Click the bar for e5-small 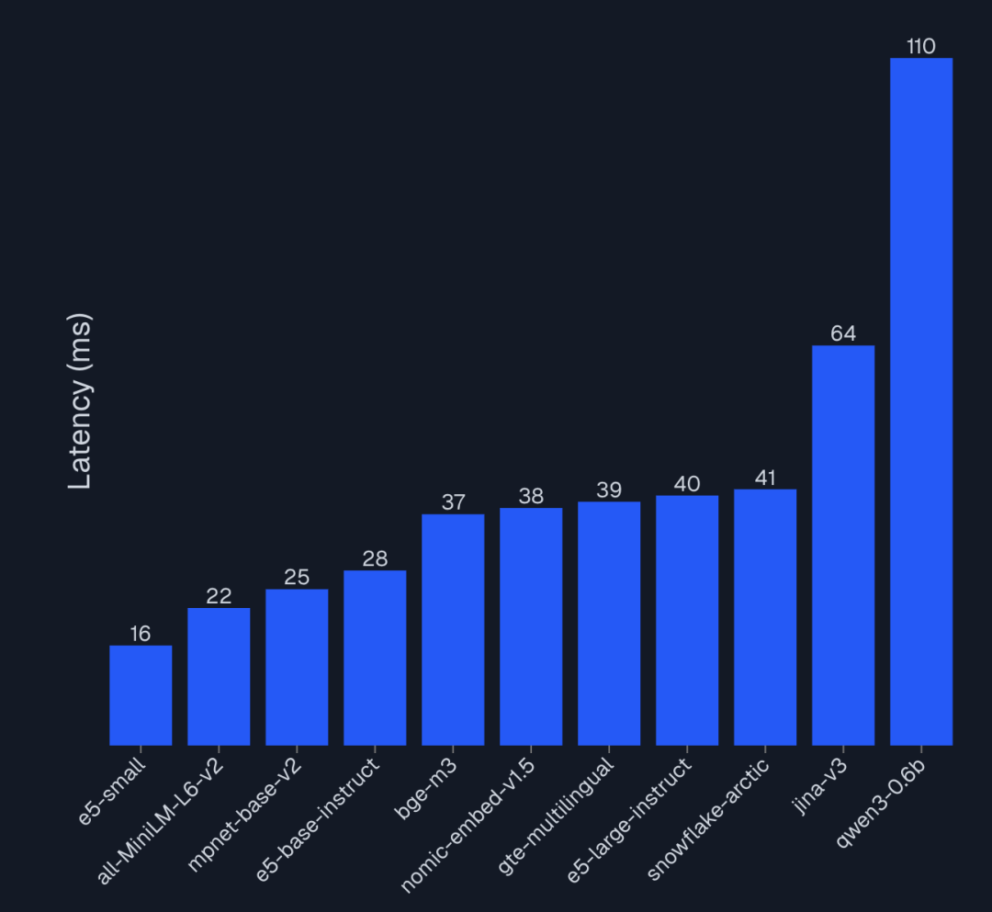(141, 695)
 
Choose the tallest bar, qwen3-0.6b (921, 401)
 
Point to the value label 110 (920, 47)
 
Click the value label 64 (843, 333)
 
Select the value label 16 (141, 634)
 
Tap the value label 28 (375, 558)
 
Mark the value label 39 (609, 490)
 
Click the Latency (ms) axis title (81, 401)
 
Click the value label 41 (765, 478)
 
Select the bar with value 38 (531, 626)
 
